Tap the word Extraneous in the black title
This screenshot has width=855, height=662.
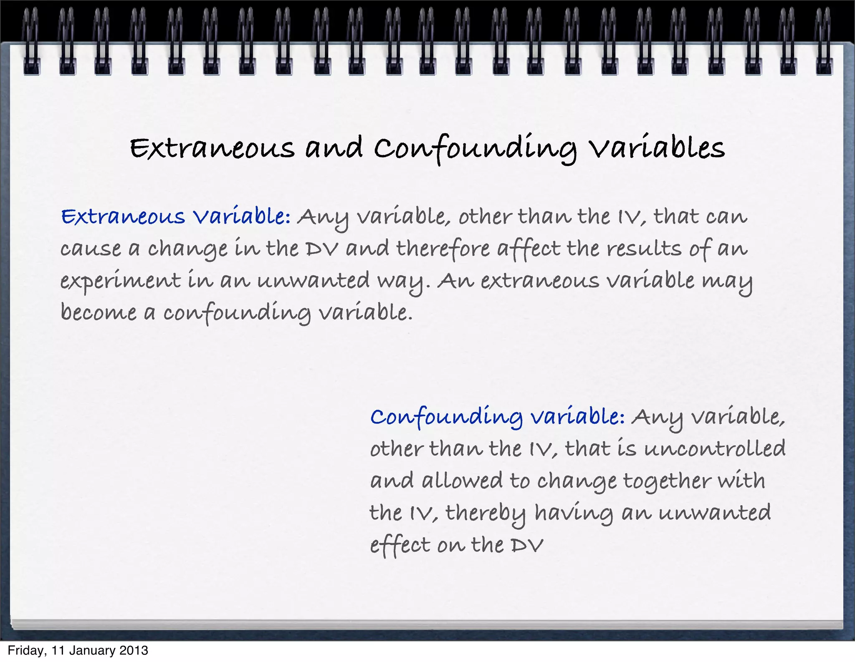pos(212,148)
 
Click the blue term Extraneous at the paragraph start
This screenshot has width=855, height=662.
pos(123,216)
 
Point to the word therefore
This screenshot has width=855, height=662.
pos(443,249)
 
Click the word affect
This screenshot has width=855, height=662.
pos(529,249)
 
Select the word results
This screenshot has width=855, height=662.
pos(644,249)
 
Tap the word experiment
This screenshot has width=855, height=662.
pos(121,281)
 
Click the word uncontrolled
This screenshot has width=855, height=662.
pos(715,449)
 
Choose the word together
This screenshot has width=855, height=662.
pos(667,481)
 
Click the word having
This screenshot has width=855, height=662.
pos(574,513)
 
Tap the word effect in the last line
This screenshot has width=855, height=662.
pos(400,546)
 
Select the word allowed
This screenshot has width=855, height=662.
pos(462,481)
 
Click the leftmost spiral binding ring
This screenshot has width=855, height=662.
pos(31,42)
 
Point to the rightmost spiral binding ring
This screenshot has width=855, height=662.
pos(824,42)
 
